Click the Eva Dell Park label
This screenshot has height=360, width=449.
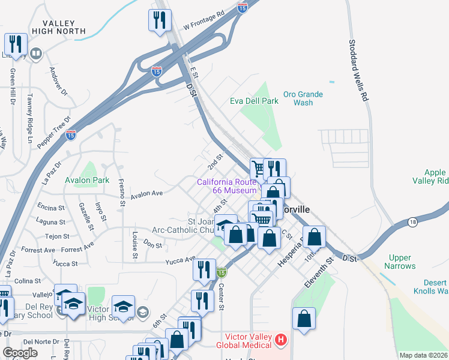tap(254, 101)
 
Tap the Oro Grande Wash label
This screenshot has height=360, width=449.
tap(303, 98)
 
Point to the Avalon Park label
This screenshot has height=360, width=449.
tap(87, 180)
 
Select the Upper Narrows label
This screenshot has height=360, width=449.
tap(399, 261)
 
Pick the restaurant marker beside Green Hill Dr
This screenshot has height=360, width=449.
tap(16, 44)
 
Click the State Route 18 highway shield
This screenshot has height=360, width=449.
tap(412, 223)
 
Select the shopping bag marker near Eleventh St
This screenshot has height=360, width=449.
tap(304, 319)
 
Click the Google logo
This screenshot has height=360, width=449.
tap(20, 352)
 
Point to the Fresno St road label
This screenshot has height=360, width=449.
tap(121, 193)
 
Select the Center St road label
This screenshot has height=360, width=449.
tap(221, 297)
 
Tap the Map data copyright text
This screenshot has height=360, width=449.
tap(423, 355)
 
